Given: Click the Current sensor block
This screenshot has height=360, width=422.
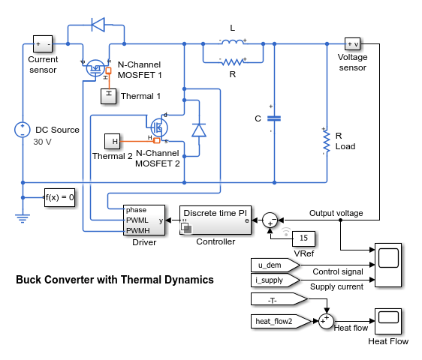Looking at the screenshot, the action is click(x=43, y=43).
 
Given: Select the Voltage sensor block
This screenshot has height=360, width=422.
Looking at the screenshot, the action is click(x=352, y=43).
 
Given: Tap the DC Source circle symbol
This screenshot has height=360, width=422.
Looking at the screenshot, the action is click(x=23, y=130).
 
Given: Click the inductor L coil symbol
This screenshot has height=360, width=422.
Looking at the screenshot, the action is click(x=233, y=42).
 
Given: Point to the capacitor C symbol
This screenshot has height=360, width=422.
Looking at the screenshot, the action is click(x=274, y=118).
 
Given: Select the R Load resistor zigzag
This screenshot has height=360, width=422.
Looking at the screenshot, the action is click(x=327, y=142).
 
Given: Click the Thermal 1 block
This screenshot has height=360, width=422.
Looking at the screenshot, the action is click(x=108, y=96).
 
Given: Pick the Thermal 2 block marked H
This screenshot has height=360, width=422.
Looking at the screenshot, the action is click(x=112, y=141).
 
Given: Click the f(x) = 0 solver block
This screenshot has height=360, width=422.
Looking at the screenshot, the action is click(x=59, y=197).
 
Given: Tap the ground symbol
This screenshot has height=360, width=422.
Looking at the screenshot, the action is click(x=23, y=218).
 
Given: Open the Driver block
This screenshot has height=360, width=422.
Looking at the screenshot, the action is click(x=144, y=220).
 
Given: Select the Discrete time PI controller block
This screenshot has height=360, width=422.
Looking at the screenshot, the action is click(x=216, y=220).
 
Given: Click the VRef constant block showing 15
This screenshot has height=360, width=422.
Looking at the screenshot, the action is click(x=303, y=238).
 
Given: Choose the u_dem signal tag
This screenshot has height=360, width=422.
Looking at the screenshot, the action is click(x=275, y=265).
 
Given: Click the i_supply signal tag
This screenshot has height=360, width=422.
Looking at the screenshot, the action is click(x=275, y=280).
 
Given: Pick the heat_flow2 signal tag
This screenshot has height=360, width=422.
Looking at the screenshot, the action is click(x=281, y=321).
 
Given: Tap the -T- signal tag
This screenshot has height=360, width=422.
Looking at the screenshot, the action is click(x=279, y=299).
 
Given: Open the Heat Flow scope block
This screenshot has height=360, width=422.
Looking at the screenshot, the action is click(x=388, y=321).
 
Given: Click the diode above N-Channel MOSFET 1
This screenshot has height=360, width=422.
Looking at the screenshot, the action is click(x=98, y=25).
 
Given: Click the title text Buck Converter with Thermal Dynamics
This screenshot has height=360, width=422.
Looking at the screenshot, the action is click(x=115, y=280).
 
